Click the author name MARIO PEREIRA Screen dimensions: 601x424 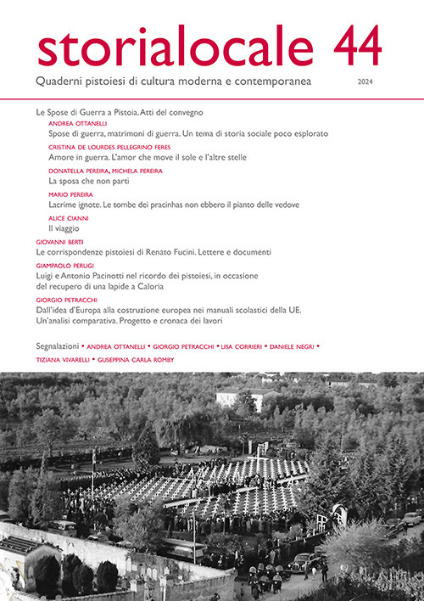pos(70,194)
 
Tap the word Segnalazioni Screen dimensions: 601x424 pos(59,346)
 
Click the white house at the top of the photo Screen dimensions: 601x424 pos(236,396)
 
